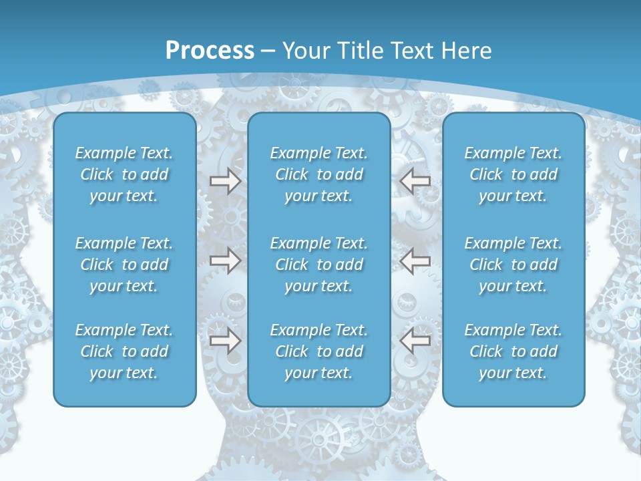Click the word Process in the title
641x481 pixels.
[210, 51]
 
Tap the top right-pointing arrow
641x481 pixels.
[225, 181]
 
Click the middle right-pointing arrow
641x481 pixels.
[225, 261]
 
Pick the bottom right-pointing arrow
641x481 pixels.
[225, 341]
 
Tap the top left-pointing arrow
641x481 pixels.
[415, 181]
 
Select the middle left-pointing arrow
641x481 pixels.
[415, 261]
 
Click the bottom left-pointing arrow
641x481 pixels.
[415, 341]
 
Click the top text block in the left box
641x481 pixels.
[124, 174]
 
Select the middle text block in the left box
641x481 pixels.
[124, 265]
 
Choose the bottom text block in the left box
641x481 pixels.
[124, 351]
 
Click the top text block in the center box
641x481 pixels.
[318, 174]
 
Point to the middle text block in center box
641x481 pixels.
[318, 265]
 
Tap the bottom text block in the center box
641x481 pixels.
[318, 351]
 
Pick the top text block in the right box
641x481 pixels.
[513, 174]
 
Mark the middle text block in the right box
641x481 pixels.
[513, 265]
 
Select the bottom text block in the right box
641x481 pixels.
[513, 351]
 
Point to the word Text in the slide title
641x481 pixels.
[411, 51]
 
